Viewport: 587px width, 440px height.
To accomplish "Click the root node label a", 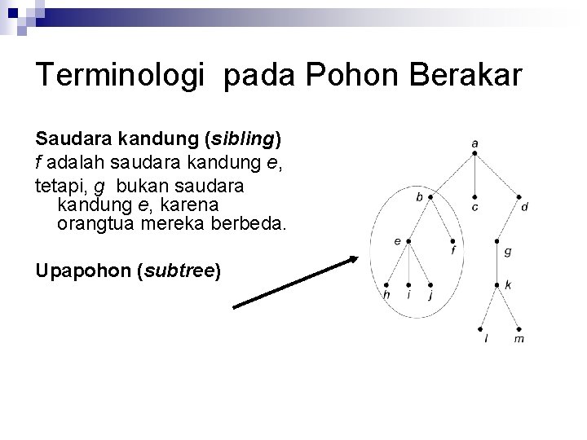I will click(x=474, y=143).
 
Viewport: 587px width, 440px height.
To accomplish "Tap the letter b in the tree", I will click(x=419, y=196).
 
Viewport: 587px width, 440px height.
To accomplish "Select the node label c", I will click(x=474, y=208).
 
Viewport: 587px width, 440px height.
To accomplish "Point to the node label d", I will click(x=524, y=208).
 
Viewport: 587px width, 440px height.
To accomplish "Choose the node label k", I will click(x=508, y=284).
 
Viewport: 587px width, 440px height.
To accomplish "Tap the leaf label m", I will click(x=519, y=339).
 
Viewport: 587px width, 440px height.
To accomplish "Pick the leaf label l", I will click(x=487, y=339).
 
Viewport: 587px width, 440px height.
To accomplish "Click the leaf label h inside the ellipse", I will click(x=387, y=295).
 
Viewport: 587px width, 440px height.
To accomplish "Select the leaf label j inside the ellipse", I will click(x=430, y=295).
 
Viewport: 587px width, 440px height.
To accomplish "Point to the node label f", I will click(x=453, y=252).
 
